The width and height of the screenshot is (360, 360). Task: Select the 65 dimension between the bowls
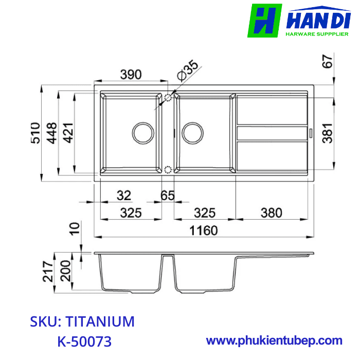167,196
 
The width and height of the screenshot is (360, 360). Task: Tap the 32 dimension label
123,196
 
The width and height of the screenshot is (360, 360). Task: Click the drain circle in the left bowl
143,133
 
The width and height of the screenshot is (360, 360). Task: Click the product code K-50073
84,341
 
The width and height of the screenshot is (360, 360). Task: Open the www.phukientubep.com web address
274,340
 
